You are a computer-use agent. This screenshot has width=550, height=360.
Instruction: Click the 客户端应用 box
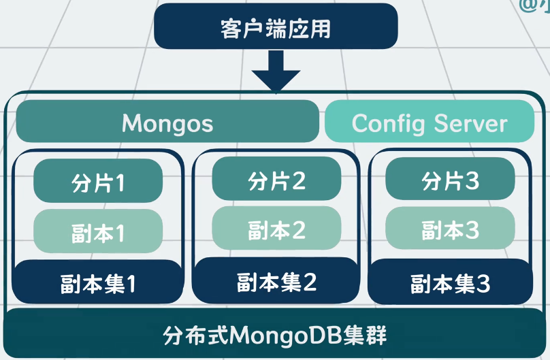[x=276, y=28]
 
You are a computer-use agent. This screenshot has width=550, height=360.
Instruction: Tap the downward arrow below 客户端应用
[x=275, y=71]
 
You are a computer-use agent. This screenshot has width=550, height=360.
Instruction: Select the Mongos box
[x=167, y=122]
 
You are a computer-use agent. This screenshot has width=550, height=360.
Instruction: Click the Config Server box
[x=430, y=122]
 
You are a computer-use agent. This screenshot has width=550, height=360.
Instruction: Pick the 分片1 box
[x=98, y=181]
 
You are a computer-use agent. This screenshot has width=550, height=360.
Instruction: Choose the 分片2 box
[x=276, y=180]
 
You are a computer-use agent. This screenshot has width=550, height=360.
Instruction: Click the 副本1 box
[x=98, y=231]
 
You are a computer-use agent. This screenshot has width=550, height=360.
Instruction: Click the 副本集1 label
[x=98, y=282]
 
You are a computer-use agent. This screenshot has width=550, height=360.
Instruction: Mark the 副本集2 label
[x=276, y=280]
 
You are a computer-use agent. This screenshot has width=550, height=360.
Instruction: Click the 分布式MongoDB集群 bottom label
[x=275, y=336]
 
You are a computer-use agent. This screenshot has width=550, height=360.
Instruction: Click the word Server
[x=471, y=123]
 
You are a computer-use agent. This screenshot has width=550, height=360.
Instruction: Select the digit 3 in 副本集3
[x=483, y=283]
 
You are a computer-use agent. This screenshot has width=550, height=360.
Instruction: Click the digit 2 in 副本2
[x=298, y=229]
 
